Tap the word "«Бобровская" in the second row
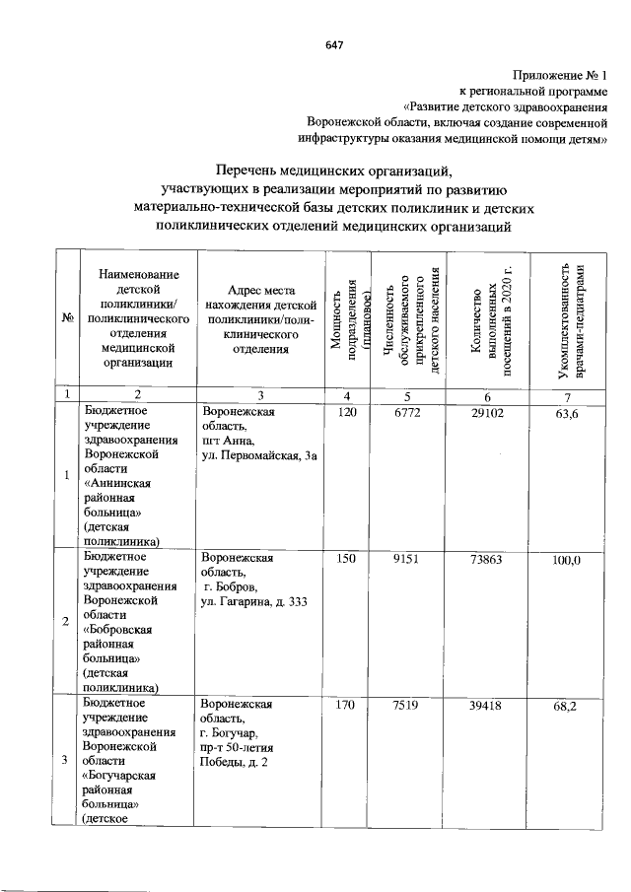coord(121,629)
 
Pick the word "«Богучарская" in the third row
coord(124,775)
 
